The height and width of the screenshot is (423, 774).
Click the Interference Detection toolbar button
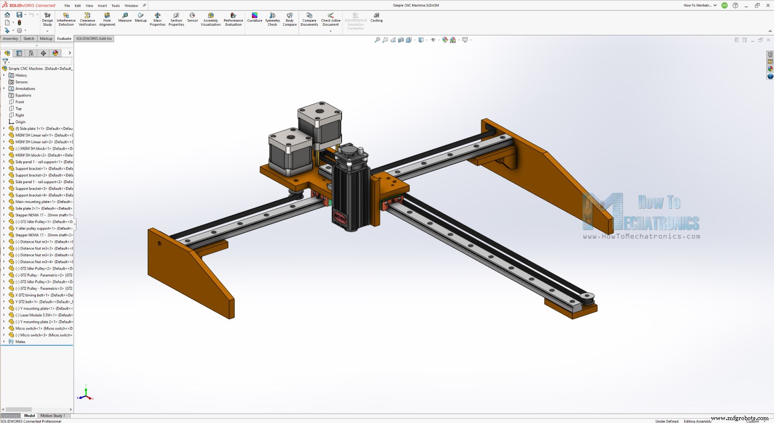66,19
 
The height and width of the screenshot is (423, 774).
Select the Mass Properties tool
157,19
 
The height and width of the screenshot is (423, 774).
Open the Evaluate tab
64,38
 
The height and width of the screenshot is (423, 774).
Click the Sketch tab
29,38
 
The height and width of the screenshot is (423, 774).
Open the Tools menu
115,6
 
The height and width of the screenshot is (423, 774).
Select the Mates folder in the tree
20,342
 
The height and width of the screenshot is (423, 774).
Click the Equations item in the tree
23,95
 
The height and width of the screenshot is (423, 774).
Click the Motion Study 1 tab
52,415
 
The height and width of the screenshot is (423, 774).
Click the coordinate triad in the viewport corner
86,394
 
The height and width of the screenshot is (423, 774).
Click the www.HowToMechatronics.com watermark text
641,236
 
